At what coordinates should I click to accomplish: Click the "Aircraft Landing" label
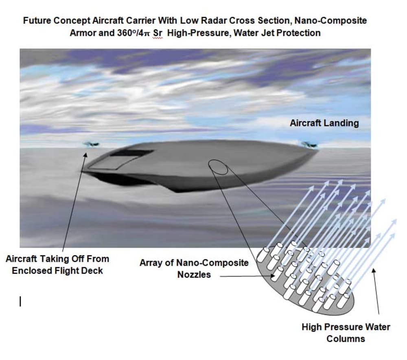point(324,123)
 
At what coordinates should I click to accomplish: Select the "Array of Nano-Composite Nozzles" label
point(194,268)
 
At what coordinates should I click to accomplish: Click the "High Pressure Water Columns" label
point(346,332)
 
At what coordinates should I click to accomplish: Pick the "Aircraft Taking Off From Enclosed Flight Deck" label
point(57,264)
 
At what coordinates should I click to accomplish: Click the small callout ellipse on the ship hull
point(218,167)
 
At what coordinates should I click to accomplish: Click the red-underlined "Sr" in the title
point(158,33)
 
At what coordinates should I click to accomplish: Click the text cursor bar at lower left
point(20,301)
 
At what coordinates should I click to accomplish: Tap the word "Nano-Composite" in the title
point(337,20)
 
